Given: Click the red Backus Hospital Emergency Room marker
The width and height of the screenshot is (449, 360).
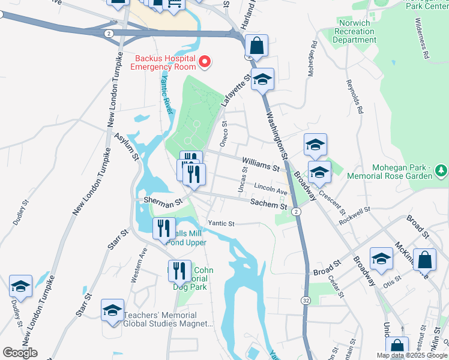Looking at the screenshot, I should click(x=205, y=61).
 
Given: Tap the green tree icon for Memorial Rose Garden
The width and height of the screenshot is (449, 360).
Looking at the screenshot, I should click(x=441, y=171).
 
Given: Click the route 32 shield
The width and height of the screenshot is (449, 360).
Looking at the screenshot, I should click(x=306, y=299).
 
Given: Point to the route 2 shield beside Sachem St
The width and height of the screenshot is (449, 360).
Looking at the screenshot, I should click(x=296, y=212).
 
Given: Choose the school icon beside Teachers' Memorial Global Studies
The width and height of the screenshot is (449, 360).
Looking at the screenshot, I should click(x=112, y=311).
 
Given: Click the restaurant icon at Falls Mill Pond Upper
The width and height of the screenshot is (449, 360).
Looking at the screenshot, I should click(x=163, y=229).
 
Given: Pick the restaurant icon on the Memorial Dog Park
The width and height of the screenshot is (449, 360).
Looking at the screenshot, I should click(x=178, y=271).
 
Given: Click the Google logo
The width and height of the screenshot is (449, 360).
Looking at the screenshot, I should click(x=20, y=353).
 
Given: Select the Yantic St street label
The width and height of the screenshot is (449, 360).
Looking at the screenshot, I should click(x=220, y=223).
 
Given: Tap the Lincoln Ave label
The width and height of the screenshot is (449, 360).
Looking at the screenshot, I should click(x=271, y=188).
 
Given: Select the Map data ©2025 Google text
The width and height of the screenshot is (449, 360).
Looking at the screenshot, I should click(x=412, y=355).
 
